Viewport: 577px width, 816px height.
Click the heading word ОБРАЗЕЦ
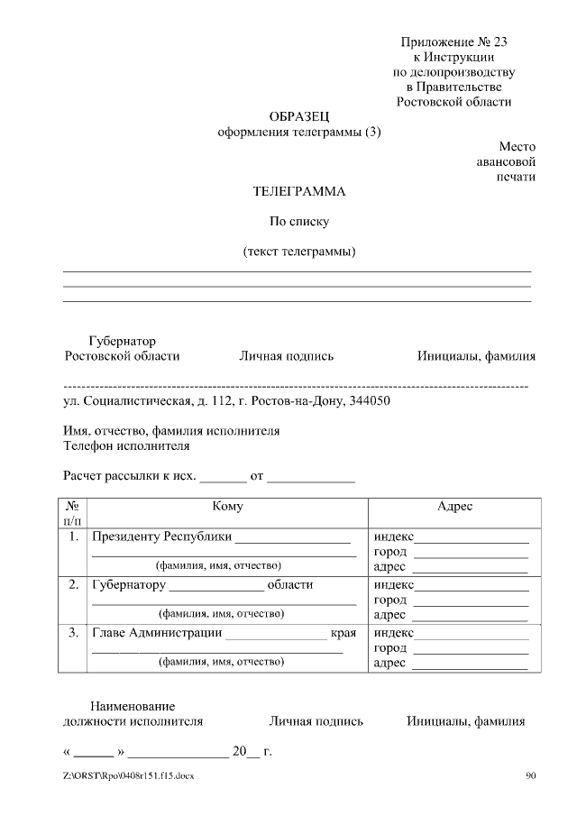click(300, 116)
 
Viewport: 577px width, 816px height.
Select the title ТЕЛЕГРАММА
click(299, 191)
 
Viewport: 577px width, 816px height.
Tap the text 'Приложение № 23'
click(460, 41)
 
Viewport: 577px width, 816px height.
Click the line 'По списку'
click(300, 221)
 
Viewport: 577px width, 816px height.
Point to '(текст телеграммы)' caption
click(299, 251)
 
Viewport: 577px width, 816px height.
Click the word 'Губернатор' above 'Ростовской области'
click(123, 341)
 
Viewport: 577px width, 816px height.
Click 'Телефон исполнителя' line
click(126, 445)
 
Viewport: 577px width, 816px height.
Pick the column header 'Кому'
click(227, 507)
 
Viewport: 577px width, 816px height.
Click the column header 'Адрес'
click(454, 507)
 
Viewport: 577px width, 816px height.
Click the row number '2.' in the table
click(73, 584)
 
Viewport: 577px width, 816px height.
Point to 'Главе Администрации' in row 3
click(157, 632)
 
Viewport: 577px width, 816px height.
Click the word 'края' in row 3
click(343, 632)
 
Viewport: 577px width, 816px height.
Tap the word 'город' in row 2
click(390, 600)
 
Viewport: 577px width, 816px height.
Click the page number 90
click(530, 775)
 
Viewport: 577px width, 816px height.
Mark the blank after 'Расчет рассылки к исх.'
click(222, 477)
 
